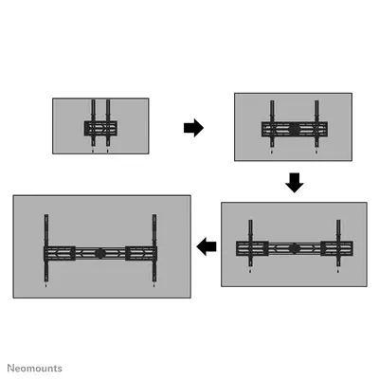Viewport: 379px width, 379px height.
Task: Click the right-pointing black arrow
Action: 193,128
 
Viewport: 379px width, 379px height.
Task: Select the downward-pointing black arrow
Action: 295,181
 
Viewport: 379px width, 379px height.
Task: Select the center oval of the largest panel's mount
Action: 99,253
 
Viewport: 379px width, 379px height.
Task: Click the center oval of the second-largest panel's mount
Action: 293,248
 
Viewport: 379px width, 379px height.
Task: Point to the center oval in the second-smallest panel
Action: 294,127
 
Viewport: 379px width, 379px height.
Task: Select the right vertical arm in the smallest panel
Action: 108,123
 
